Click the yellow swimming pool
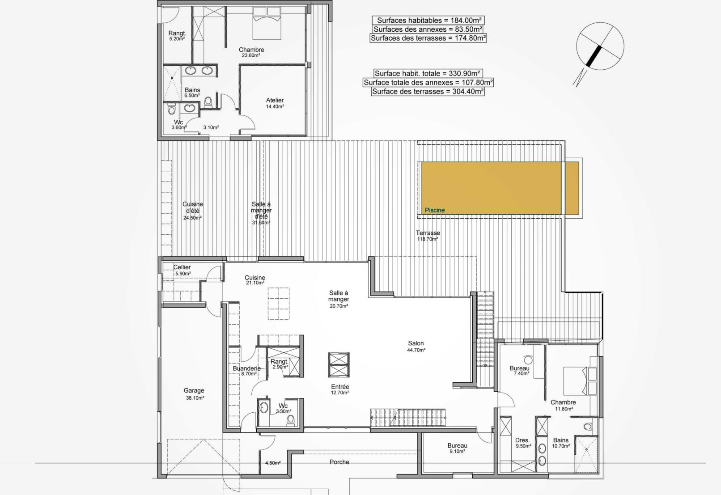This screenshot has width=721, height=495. click(x=500, y=188)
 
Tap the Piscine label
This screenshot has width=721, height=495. click(x=435, y=210)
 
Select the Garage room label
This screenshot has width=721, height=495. click(x=194, y=390)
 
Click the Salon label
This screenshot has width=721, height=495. click(x=416, y=343)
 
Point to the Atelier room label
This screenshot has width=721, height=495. click(x=275, y=101)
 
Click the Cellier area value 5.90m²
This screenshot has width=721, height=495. click(x=183, y=274)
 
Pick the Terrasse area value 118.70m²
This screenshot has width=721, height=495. click(x=428, y=239)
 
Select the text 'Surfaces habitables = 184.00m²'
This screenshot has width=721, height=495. click(x=428, y=20)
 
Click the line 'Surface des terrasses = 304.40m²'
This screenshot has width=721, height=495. click(x=428, y=91)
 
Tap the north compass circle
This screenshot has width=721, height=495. click(x=600, y=47)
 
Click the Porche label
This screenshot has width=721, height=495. click(x=339, y=462)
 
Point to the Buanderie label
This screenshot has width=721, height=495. click(x=246, y=368)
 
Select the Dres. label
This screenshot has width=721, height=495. click(x=522, y=440)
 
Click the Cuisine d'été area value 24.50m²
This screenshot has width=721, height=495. click(x=192, y=218)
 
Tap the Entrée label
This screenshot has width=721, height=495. click(x=340, y=386)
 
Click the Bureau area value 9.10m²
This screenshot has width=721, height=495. click(x=457, y=451)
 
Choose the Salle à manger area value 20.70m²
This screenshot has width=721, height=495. click(x=339, y=306)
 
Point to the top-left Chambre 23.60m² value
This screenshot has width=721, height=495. click(x=251, y=55)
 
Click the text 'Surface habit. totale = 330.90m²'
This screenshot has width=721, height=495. click(x=428, y=73)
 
